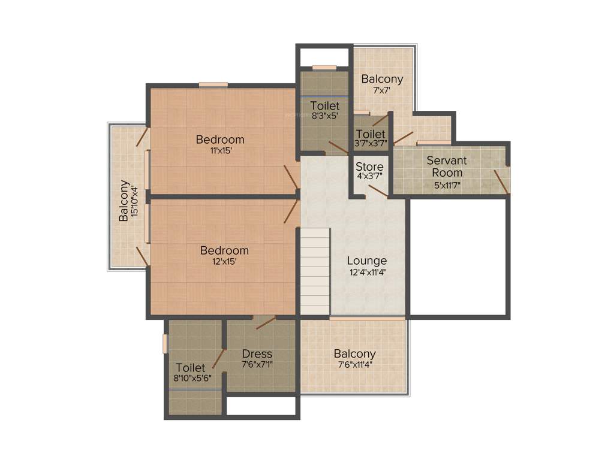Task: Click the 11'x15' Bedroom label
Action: (220, 140)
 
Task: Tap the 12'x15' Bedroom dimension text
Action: (224, 261)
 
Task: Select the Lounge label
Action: (367, 261)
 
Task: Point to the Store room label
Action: (369, 166)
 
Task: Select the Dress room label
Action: (257, 353)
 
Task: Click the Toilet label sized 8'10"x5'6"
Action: (191, 367)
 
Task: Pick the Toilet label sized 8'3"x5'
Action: (324, 106)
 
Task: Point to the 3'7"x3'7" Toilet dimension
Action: (371, 144)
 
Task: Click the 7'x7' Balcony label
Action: (382, 78)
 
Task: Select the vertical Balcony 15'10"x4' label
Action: (124, 201)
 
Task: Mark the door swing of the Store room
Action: (378, 190)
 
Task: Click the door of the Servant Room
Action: (501, 181)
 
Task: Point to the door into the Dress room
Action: (265, 322)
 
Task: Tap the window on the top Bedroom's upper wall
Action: (213, 84)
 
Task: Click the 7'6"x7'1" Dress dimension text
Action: (257, 364)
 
